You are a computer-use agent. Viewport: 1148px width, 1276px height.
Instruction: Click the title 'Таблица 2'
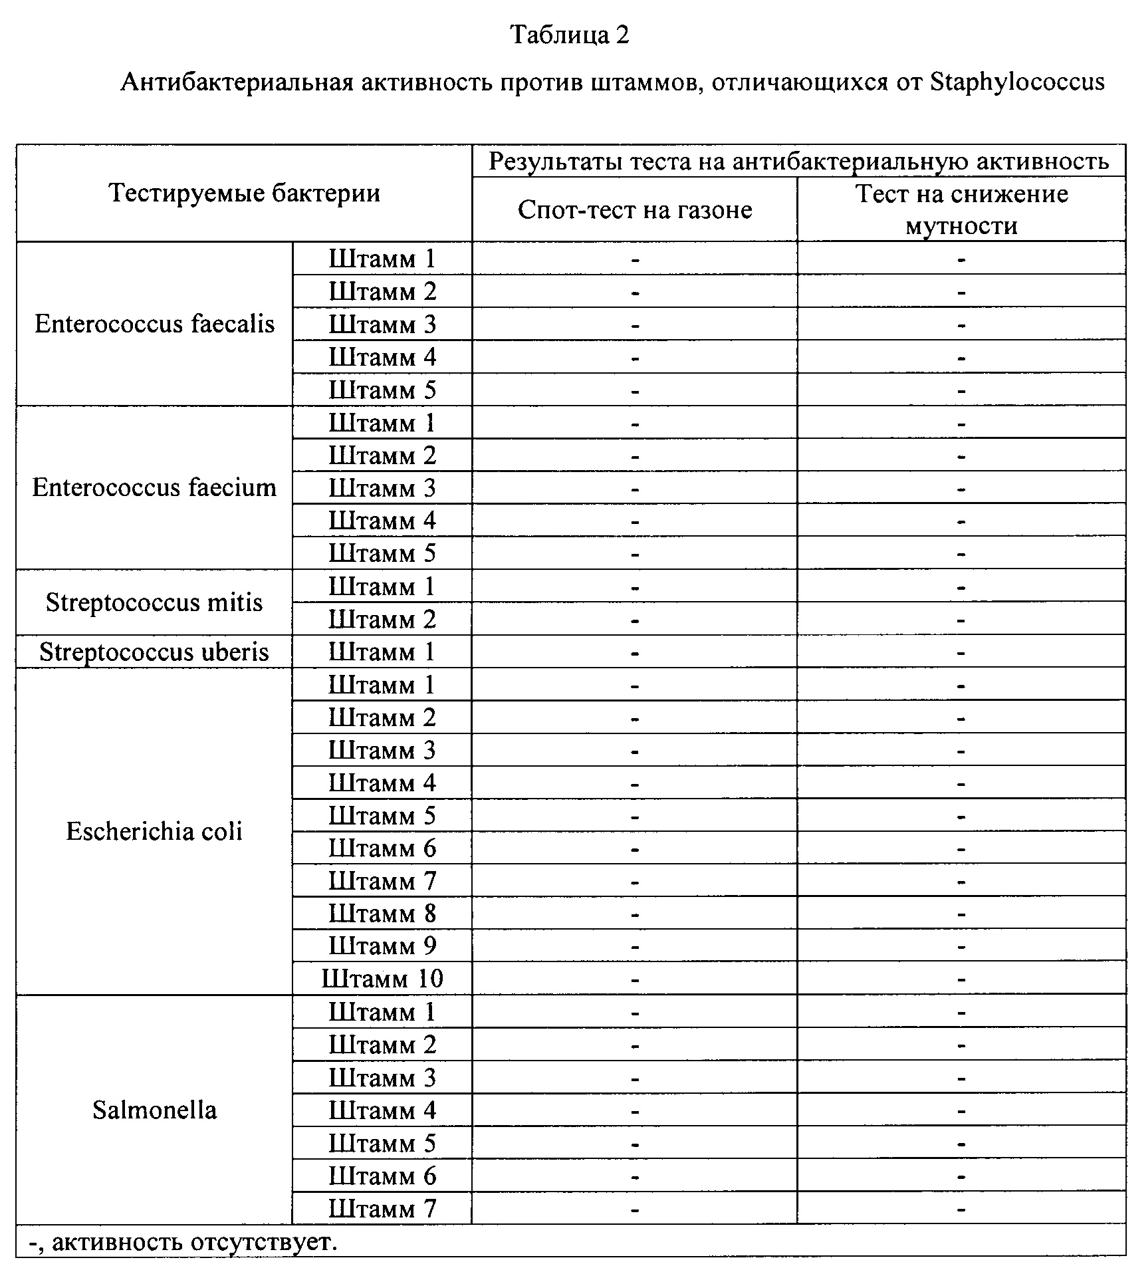569,35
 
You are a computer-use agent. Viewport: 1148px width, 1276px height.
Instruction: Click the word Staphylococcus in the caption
1017,82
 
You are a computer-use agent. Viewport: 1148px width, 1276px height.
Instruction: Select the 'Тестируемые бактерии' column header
244,193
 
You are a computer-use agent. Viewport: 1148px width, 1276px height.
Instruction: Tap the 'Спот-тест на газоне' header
635,210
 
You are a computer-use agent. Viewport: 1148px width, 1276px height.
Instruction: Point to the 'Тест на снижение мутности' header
961,209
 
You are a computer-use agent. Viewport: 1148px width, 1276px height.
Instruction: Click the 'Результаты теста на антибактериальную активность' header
798,162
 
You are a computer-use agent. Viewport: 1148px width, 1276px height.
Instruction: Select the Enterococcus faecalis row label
154,324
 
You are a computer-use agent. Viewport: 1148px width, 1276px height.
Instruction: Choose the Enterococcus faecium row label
154,488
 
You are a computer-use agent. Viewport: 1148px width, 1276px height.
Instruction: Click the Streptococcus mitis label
154,602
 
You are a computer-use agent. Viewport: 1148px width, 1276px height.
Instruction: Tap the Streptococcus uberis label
154,652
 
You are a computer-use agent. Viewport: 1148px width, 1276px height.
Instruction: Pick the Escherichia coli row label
154,831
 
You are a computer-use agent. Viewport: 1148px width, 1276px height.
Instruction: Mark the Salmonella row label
154,1110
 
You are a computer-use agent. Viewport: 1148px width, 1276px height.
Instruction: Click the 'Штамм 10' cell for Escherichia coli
382,979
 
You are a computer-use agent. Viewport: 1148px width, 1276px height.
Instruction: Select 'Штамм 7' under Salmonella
382,1208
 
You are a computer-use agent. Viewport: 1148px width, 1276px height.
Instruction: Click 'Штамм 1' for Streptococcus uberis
382,652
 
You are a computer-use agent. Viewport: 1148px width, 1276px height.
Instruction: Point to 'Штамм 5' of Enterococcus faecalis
382,390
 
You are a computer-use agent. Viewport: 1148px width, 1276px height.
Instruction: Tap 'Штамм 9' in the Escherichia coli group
382,946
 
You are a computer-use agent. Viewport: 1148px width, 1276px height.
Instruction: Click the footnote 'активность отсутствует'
193,1241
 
